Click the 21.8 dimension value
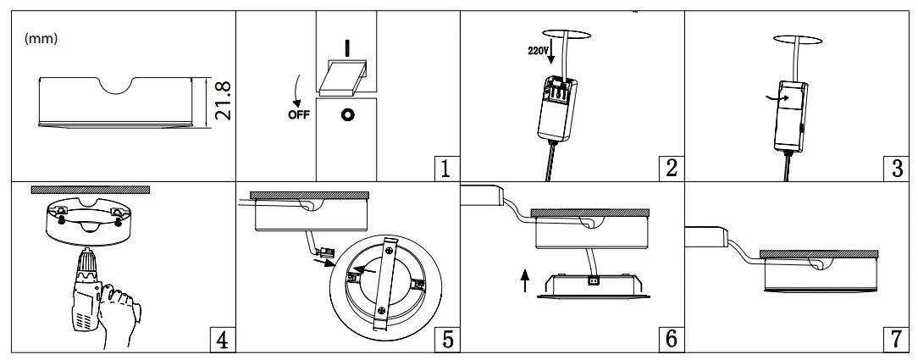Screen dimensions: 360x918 pos(222,100)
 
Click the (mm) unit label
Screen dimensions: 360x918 pos(42,38)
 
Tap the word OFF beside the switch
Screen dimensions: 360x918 pos(299,117)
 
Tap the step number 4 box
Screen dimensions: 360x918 pos(220,340)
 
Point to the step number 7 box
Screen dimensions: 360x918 pos(898,340)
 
